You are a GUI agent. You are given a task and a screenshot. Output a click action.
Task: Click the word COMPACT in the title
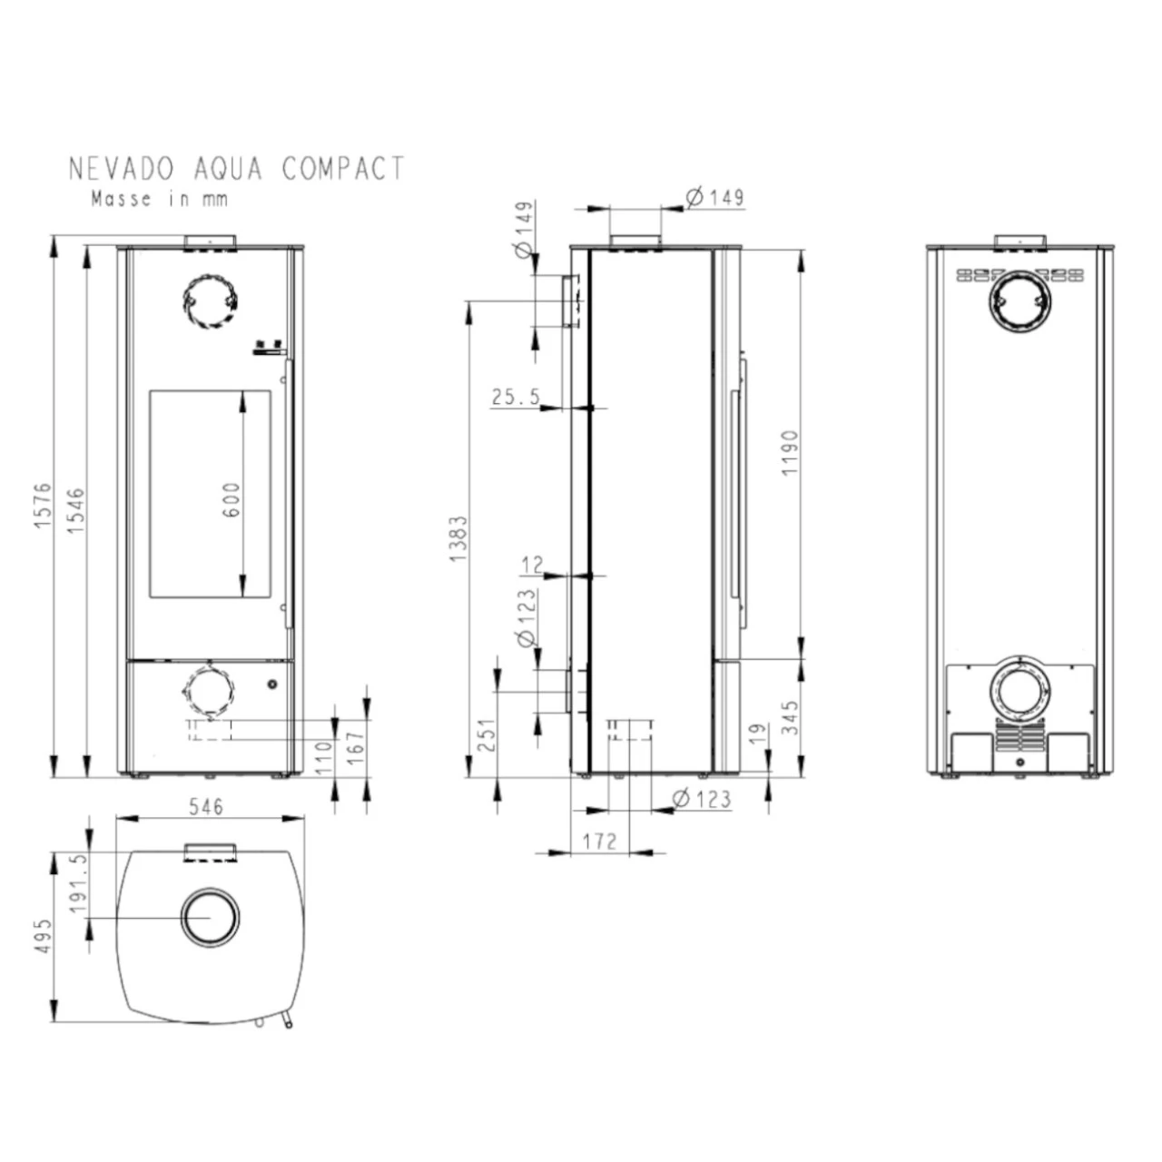click(343, 168)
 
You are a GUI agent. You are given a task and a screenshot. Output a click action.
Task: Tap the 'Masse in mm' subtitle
click(160, 199)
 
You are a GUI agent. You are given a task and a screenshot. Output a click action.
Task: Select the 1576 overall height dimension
click(43, 506)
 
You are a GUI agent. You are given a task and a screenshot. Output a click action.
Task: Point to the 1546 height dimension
click(76, 510)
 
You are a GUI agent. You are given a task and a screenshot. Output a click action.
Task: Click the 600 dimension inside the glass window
click(231, 499)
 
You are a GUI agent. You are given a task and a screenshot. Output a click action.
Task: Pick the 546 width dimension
click(206, 806)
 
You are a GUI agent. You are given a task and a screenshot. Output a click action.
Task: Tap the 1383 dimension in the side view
click(458, 538)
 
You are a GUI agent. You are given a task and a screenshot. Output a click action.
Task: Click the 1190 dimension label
click(789, 452)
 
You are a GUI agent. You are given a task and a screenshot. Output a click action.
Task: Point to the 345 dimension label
click(789, 717)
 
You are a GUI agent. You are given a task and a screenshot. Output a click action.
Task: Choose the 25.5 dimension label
click(517, 397)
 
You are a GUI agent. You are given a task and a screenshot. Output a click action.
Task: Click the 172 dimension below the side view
click(601, 841)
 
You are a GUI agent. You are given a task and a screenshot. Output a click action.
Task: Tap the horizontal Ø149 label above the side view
click(715, 197)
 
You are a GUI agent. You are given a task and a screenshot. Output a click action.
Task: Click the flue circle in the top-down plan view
click(211, 917)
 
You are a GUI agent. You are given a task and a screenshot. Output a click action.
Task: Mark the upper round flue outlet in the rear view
click(1019, 302)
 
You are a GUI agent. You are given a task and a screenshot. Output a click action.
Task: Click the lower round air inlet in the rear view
click(1019, 691)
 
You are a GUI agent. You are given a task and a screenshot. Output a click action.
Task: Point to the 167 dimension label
click(357, 748)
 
